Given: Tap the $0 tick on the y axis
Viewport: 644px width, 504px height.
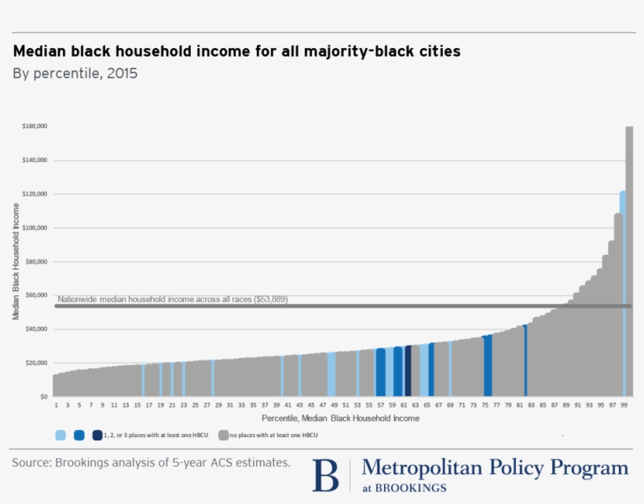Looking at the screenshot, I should coord(44,397).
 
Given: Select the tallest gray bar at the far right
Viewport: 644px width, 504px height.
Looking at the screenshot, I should coord(629,259).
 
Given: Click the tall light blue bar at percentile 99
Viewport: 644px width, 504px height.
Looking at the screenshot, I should coord(623,291).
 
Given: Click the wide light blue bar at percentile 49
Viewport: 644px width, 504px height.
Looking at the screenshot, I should coord(332,374).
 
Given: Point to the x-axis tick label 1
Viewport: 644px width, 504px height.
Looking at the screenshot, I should coord(57,405).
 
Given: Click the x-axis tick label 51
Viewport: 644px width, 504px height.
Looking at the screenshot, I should coord(346,405).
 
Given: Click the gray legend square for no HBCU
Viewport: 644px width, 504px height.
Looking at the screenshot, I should coord(224,435).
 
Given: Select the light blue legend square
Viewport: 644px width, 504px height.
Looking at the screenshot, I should coord(60,435).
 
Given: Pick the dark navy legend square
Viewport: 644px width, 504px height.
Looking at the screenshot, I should coord(97,435).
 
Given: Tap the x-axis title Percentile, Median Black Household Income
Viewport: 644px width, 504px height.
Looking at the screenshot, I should coord(340,418).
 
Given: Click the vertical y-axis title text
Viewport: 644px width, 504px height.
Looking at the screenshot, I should coord(16,262).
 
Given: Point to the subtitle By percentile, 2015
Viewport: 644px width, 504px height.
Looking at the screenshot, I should coord(75,74).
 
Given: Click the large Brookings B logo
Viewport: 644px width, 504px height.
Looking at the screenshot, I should coord(325,475).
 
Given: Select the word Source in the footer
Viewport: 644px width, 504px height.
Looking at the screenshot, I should coord(29,462).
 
